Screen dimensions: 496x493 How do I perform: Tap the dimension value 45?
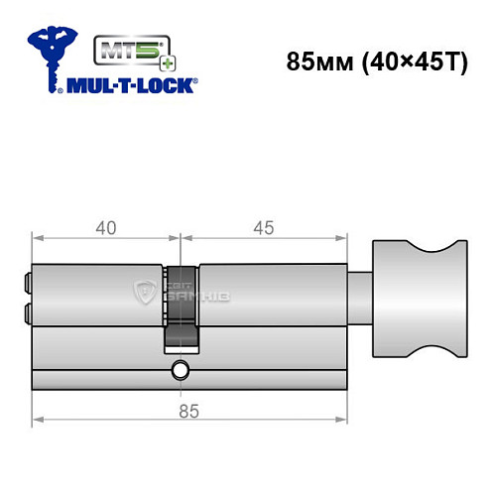(264, 227)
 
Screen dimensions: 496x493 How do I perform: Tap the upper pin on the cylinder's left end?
(28, 284)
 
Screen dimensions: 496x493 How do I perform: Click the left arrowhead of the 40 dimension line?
(37, 239)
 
